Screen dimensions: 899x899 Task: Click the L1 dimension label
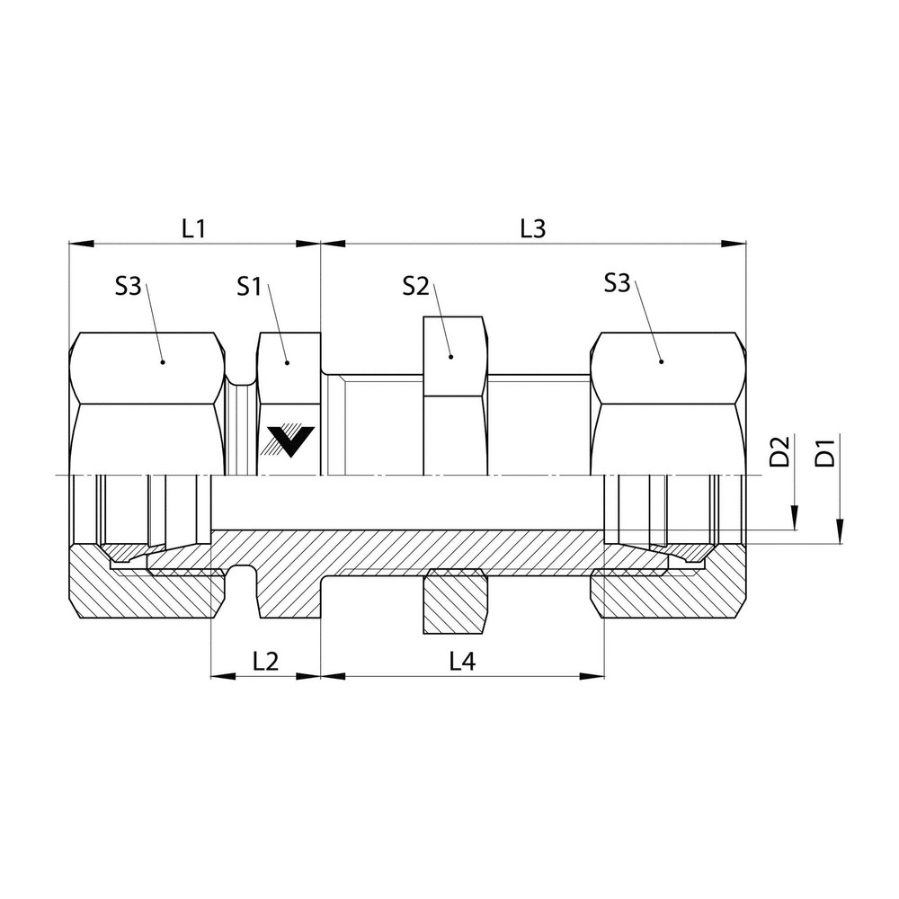pyautogui.click(x=193, y=228)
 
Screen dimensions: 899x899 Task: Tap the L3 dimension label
pyautogui.click(x=533, y=228)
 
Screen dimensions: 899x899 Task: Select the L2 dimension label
pyautogui.click(x=265, y=662)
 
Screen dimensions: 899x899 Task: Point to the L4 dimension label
pyautogui.click(x=461, y=662)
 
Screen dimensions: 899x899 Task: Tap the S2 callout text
pyautogui.click(x=415, y=287)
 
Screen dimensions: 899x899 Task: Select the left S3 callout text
pyautogui.click(x=129, y=287)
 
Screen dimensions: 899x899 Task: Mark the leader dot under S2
pyautogui.click(x=451, y=357)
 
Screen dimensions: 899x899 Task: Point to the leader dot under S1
pyautogui.click(x=287, y=361)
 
